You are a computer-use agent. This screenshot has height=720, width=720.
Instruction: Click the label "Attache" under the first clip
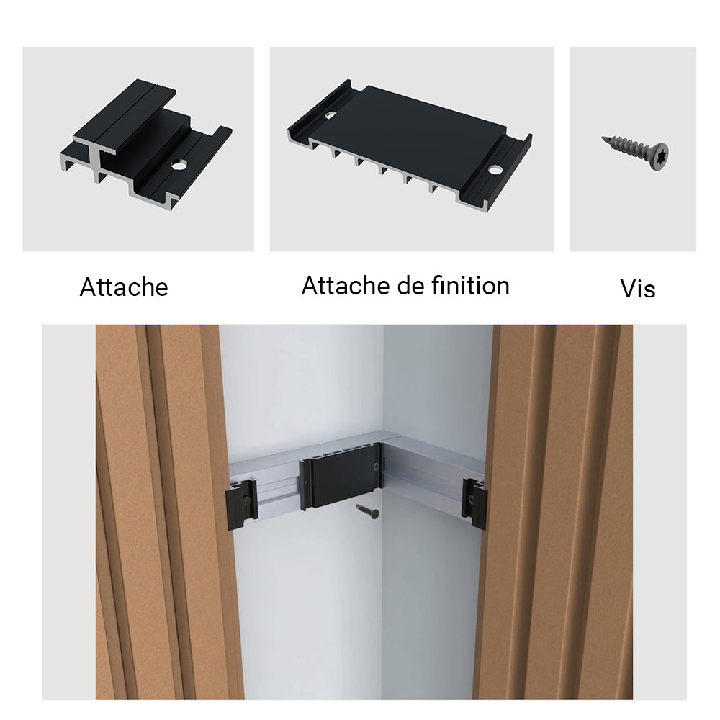pos(124,287)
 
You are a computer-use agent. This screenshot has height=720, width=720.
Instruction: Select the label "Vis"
pos(638,289)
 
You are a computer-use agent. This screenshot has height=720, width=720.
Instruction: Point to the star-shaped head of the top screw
pos(660,156)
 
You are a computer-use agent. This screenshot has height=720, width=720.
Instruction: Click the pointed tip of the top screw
pos(603,138)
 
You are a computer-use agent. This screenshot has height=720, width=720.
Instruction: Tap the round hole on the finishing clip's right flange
pos(495,169)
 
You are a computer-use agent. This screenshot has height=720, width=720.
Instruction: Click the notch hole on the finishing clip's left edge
pos(331,114)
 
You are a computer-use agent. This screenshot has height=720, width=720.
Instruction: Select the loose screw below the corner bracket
pos(368,510)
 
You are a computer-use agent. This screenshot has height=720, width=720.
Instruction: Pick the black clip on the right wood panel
pos(474,503)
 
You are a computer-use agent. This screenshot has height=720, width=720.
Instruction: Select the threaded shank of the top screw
pos(628,145)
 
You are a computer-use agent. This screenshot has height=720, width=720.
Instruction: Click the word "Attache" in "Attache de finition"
pos(346,286)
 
